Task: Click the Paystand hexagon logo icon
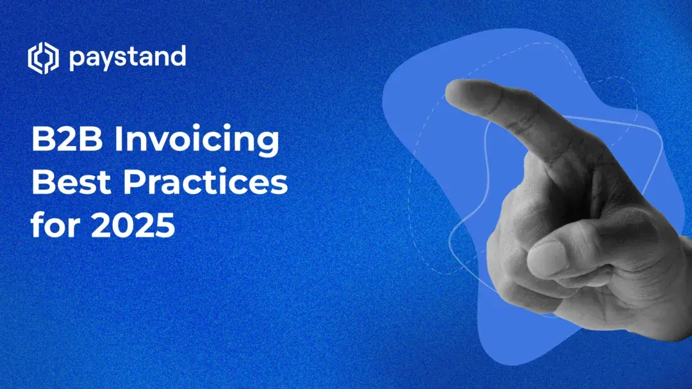click(x=43, y=59)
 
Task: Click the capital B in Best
click(x=42, y=184)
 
